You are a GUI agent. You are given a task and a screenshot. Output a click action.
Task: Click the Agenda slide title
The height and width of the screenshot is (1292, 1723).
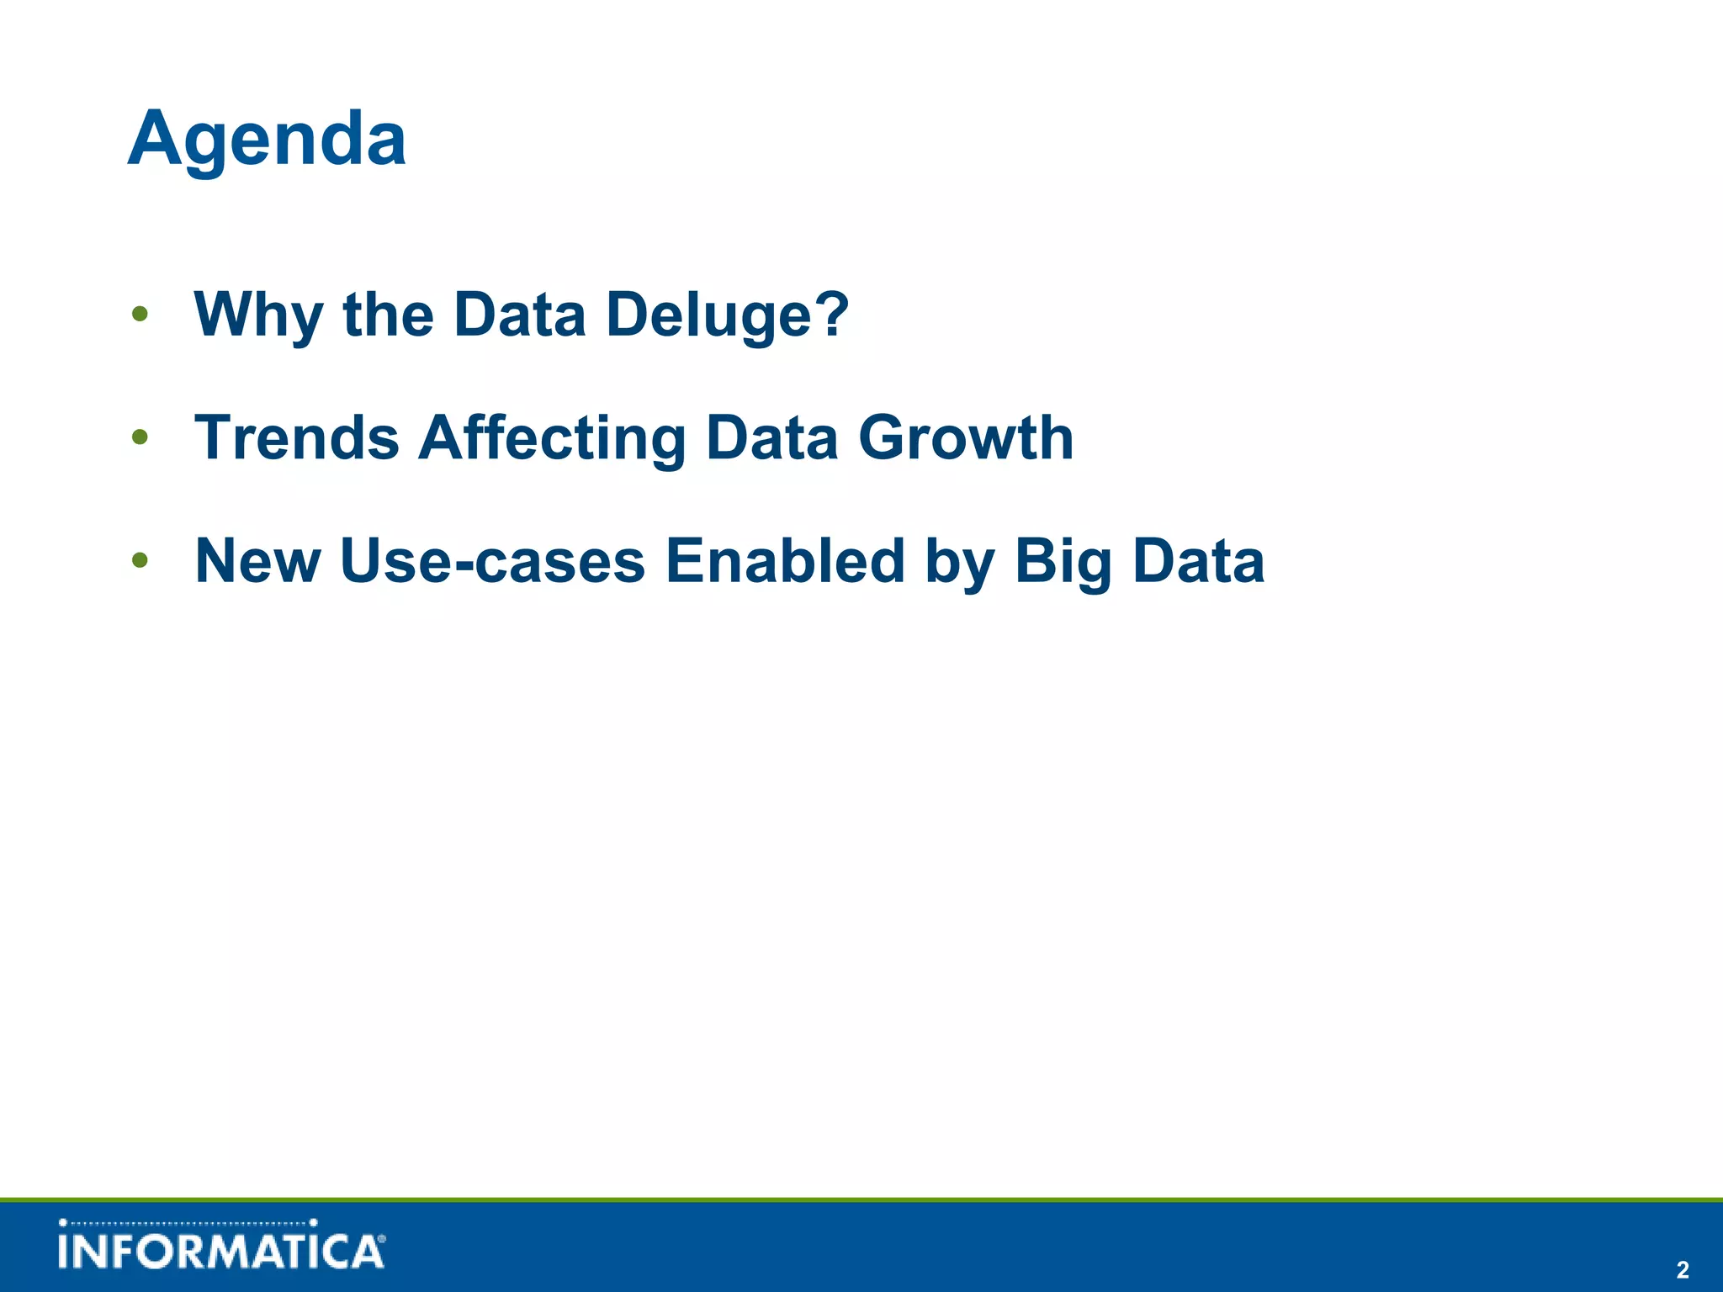coord(267,140)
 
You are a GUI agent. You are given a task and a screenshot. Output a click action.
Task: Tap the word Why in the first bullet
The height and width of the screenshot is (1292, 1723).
coord(258,315)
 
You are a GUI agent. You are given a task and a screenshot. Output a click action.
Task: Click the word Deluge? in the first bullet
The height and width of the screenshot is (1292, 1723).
coord(727,315)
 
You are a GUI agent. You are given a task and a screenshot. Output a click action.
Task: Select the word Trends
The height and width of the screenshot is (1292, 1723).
coord(296,437)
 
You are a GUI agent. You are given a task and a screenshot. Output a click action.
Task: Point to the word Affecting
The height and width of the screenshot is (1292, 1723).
coord(552,437)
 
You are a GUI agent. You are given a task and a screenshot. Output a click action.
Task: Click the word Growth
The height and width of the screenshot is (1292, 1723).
coord(965,437)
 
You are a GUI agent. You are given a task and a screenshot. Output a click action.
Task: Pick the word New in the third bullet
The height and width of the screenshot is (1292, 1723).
coord(257,560)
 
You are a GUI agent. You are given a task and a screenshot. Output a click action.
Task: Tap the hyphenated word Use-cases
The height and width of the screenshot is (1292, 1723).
coord(492,560)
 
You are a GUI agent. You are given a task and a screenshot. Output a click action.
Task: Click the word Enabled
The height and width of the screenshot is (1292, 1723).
coord(784,560)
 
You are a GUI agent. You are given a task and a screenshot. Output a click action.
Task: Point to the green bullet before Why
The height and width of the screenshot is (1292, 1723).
coord(140,315)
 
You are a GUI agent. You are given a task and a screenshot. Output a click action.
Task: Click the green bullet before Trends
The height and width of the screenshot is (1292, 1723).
coord(140,437)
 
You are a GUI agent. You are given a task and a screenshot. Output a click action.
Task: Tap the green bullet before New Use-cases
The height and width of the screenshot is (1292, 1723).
coord(140,560)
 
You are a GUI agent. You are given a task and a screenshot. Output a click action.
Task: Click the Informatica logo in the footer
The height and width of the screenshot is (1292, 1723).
coord(221,1245)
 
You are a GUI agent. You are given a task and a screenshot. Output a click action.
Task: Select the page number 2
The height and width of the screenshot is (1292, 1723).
coord(1682,1269)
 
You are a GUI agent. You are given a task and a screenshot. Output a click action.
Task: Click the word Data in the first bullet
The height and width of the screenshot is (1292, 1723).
coord(519,315)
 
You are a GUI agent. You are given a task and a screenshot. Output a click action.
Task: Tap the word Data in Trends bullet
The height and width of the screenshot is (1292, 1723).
coord(771,437)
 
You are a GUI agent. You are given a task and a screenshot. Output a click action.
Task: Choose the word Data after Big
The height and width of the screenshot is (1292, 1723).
coord(1198,560)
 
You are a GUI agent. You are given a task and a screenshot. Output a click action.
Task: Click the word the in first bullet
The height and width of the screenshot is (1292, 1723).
coord(388,315)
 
